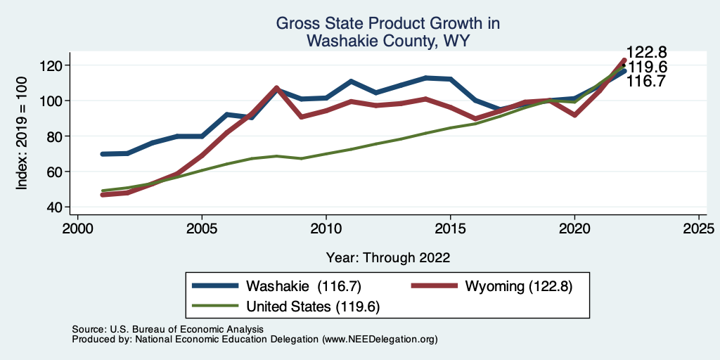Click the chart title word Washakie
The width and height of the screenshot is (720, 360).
pos(338,41)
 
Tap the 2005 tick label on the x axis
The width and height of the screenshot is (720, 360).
pos(202,229)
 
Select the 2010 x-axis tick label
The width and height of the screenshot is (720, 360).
pos(326,229)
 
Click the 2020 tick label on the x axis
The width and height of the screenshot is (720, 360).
pos(574,229)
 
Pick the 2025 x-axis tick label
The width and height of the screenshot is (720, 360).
pos(699,229)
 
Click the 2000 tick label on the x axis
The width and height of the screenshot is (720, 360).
pos(77,229)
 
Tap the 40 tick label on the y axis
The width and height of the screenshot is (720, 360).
pos(55,207)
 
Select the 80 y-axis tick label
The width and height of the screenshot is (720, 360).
pos(55,136)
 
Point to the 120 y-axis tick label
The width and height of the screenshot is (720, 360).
pos(52,65)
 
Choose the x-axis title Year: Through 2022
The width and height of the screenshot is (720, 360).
pos(388,257)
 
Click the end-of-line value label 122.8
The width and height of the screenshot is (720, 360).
pos(647,53)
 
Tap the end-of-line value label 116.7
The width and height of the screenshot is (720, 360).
pos(647,82)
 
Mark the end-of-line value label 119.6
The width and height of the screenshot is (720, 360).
pos(647,67)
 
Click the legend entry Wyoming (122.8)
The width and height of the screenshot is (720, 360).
pos(513,286)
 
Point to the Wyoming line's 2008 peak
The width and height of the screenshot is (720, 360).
pos(276,88)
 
